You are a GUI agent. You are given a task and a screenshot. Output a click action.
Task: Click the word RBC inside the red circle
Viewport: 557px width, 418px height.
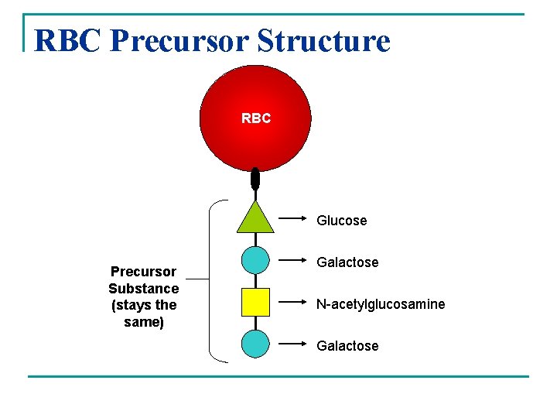(256, 119)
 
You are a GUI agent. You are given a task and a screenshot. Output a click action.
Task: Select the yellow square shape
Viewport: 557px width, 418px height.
(255, 302)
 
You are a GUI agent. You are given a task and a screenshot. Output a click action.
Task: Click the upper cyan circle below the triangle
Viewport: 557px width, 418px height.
(255, 259)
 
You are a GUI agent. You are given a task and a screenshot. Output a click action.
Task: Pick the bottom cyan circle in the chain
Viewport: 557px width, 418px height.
(255, 343)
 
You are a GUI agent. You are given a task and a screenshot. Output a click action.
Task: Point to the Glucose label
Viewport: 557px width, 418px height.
(341, 221)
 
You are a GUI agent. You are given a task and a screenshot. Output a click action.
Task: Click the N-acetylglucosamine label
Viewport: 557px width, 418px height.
(381, 304)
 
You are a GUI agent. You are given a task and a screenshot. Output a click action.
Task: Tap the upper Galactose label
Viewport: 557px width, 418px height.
(347, 262)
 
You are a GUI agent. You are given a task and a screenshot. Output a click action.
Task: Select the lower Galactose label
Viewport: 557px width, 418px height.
(347, 346)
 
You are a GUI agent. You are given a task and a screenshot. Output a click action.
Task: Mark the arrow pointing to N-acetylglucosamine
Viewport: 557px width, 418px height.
(293, 301)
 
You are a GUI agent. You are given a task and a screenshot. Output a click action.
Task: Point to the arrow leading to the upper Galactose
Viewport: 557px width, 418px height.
(293, 260)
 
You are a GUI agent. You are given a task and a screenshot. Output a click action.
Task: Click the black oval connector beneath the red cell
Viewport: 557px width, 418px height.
(255, 179)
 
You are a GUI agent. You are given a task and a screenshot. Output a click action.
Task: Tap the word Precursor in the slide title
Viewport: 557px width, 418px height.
(183, 40)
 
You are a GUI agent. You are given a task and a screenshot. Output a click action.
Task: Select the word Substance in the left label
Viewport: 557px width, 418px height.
(143, 289)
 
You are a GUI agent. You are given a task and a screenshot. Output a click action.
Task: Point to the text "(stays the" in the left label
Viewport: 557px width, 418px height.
(143, 305)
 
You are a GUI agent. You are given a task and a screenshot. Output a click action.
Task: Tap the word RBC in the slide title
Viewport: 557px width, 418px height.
(68, 40)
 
